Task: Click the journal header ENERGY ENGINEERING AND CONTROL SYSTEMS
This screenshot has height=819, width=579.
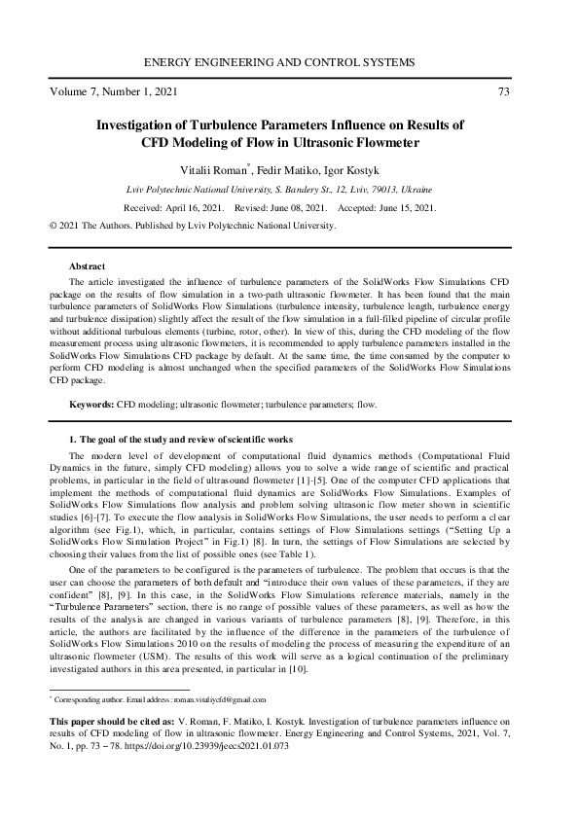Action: point(289,62)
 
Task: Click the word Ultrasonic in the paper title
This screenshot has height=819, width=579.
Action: point(333,142)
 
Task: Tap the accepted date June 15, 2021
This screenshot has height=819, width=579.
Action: point(407,208)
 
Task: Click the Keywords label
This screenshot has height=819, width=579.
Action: point(90,403)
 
